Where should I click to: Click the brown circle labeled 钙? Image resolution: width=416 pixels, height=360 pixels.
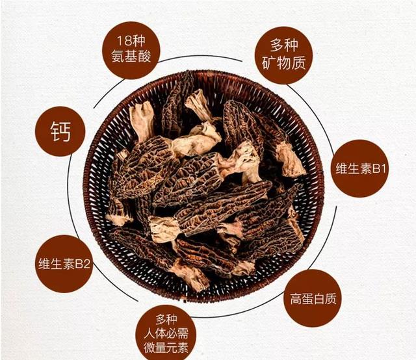(x=60, y=131)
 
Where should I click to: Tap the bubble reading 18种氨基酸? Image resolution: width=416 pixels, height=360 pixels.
(x=131, y=50)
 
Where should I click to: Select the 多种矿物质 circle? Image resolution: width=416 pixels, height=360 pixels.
(x=283, y=55)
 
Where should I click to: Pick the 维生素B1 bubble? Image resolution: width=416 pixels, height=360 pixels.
(x=360, y=168)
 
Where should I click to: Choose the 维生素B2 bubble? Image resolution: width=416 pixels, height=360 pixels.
(x=64, y=264)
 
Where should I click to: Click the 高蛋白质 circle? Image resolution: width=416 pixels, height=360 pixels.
(x=313, y=298)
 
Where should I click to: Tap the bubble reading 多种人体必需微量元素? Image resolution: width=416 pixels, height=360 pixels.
(x=166, y=333)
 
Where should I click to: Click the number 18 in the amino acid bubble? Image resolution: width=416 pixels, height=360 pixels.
(x=123, y=40)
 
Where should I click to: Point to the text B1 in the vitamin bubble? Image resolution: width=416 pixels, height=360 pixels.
(x=378, y=168)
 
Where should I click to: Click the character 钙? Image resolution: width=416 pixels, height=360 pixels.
(x=60, y=131)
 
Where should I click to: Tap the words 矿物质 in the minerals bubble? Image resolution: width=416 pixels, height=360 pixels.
(x=283, y=63)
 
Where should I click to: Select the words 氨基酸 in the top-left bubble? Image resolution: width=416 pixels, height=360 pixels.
(x=131, y=57)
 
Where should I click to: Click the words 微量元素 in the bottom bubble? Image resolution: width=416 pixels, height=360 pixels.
(x=166, y=348)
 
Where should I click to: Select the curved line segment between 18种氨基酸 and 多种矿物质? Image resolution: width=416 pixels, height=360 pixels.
(x=200, y=56)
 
